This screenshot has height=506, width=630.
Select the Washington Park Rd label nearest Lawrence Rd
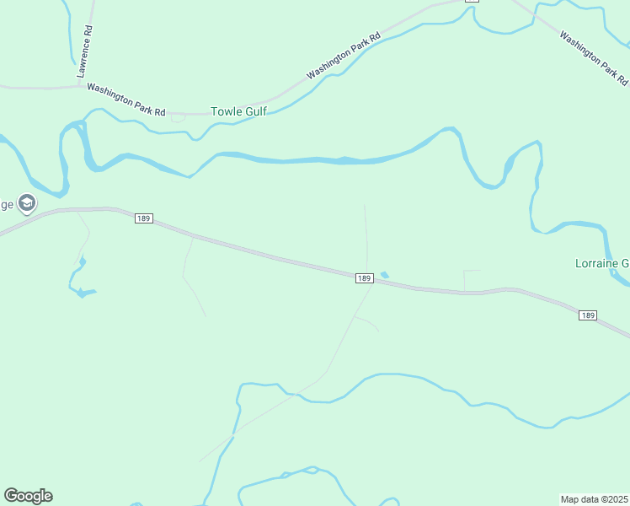(126, 100)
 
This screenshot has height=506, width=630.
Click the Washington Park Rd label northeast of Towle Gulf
(344, 57)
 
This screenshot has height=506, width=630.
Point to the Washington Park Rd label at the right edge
(594, 59)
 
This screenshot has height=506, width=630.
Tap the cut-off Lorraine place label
(601, 263)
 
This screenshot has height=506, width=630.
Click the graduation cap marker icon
(27, 203)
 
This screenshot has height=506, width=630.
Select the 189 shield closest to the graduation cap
(142, 218)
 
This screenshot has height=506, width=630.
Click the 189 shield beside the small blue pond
(364, 278)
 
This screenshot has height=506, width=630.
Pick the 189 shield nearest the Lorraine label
(588, 315)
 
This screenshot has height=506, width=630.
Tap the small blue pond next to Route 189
(385, 274)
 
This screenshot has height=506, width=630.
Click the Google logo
(28, 496)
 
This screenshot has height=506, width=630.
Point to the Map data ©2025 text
(594, 499)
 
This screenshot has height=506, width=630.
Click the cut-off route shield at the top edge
(472, 2)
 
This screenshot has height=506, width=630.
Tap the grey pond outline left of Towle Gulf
(178, 118)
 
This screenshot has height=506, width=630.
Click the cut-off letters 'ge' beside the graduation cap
(7, 204)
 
